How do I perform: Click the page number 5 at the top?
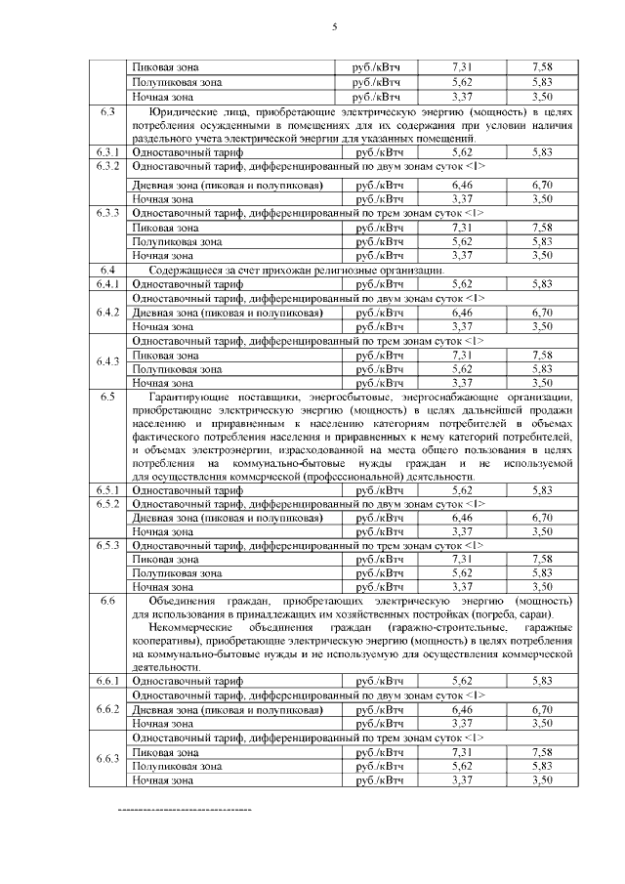coord(334,26)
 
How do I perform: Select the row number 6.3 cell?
coord(107,112)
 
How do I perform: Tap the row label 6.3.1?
coord(107,152)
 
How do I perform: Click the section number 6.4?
coord(107,270)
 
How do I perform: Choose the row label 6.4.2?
coord(107,312)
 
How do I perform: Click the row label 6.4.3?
coord(107,362)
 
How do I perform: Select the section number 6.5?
coord(107,399)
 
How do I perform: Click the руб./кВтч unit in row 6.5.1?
coord(380,489)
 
